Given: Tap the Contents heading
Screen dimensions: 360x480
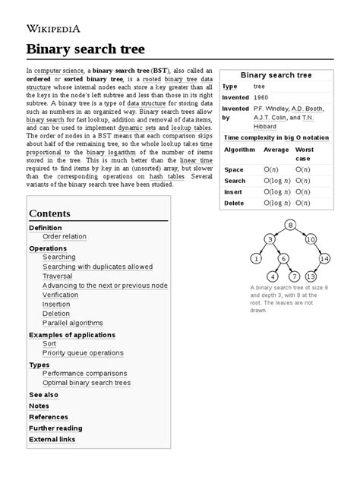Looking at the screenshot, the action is [x=49, y=213].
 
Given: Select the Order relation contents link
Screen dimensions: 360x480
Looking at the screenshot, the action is [x=65, y=236].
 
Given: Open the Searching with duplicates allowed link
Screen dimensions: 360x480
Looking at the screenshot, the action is [x=97, y=267].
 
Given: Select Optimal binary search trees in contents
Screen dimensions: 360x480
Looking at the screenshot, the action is [x=87, y=383].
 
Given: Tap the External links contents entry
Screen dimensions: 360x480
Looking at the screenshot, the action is [x=52, y=439].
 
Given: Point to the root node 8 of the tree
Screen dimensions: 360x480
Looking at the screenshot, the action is [x=290, y=223].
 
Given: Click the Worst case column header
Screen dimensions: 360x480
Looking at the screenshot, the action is [x=304, y=154].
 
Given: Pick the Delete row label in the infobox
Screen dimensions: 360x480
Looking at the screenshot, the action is [x=235, y=203].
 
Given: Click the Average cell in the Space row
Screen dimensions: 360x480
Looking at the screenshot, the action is [x=270, y=169].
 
